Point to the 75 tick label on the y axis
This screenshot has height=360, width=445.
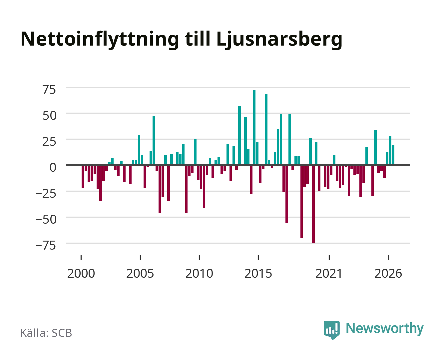[49, 90]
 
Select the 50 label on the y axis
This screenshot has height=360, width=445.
[49, 116]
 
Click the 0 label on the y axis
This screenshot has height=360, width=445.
[53, 167]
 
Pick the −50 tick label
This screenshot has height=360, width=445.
[46, 220]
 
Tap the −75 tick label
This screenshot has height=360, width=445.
[46, 245]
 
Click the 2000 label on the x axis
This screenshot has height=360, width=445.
[81, 273]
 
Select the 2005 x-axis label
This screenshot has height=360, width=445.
[140, 273]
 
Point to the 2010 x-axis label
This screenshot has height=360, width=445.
[199, 273]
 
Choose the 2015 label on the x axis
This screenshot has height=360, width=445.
[258, 273]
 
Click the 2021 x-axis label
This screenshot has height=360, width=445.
[329, 273]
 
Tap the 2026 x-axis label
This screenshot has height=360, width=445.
[388, 273]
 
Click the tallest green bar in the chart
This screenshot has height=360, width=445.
[254, 128]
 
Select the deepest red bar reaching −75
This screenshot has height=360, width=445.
[313, 204]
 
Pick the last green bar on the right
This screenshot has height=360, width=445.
[393, 155]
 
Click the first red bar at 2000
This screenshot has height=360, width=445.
[83, 176]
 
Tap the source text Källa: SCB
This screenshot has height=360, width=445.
[46, 333]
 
